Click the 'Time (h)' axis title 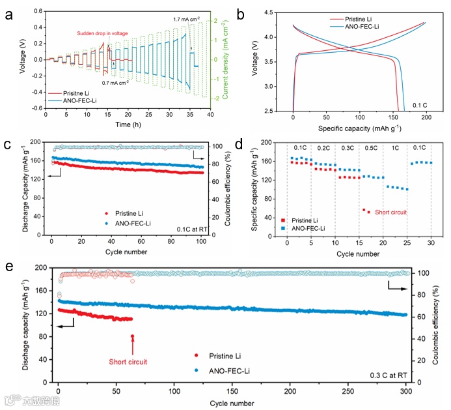click(127, 123)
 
